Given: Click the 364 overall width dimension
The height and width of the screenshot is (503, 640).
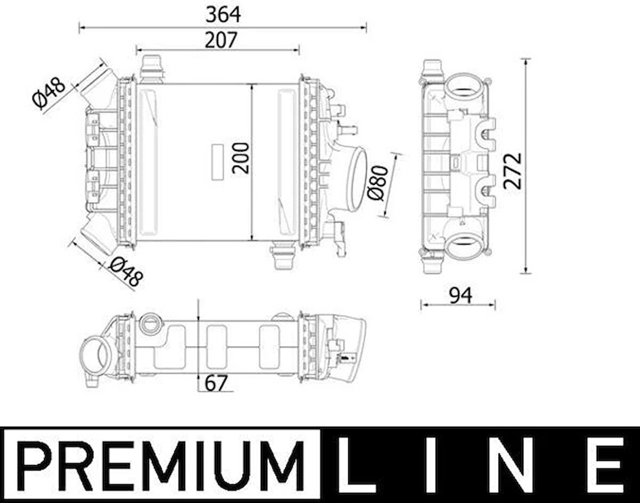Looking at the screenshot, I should tap(223, 15).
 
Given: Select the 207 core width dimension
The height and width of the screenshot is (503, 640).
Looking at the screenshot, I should tap(221, 40).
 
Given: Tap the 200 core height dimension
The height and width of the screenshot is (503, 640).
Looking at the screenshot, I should tap(241, 158).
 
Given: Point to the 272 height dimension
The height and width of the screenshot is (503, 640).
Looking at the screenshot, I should tap(512, 171).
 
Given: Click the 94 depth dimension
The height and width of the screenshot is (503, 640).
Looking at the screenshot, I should tap(460, 295).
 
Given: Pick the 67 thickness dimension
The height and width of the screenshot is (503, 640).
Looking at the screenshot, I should tap(215, 383).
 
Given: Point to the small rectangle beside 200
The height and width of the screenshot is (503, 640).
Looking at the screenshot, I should tap(217, 162).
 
